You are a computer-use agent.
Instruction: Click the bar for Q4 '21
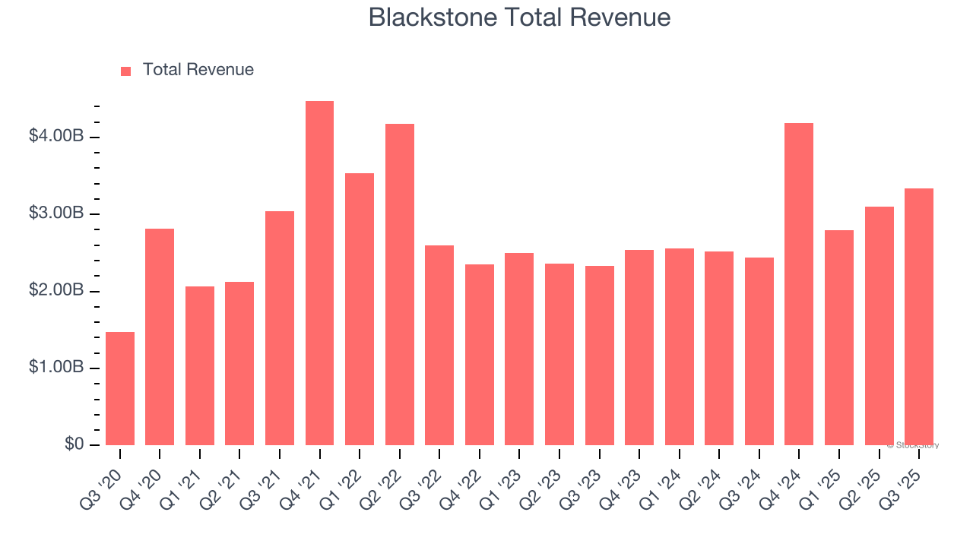pyautogui.click(x=319, y=273)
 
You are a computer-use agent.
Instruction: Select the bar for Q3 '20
pyautogui.click(x=120, y=389)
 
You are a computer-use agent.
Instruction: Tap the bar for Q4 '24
pyautogui.click(x=799, y=284)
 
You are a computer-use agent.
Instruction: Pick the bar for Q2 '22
pyautogui.click(x=399, y=285)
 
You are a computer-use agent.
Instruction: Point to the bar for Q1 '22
pyautogui.click(x=360, y=309)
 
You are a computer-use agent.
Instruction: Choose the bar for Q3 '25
pyautogui.click(x=919, y=317)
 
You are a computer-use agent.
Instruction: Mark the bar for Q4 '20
pyautogui.click(x=160, y=337)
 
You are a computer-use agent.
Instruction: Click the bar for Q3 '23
pyautogui.click(x=600, y=356)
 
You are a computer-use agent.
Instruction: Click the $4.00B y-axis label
pyautogui.click(x=56, y=137)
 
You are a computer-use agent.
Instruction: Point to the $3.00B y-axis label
pyautogui.click(x=56, y=213)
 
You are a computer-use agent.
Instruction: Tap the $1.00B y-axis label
pyautogui.click(x=56, y=368)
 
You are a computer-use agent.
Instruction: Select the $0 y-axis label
pyautogui.click(x=74, y=444)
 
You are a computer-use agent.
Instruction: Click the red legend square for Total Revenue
pyautogui.click(x=126, y=71)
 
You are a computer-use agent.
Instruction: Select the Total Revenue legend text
pyautogui.click(x=198, y=70)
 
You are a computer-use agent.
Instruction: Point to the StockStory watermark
pyautogui.click(x=915, y=445)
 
